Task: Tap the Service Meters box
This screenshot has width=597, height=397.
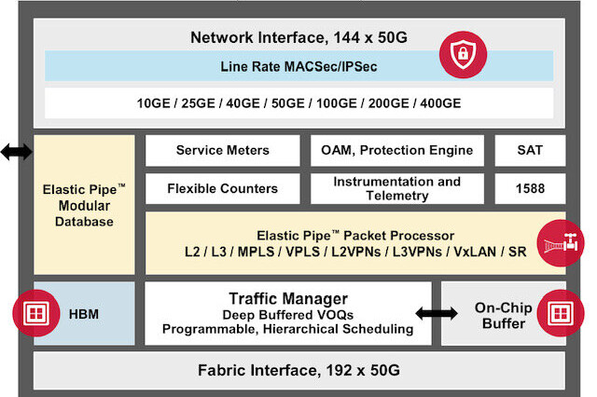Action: [222, 149]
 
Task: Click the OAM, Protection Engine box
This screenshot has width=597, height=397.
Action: [396, 149]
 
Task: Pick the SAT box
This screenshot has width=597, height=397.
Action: [529, 149]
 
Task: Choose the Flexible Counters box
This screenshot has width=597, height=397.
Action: [222, 188]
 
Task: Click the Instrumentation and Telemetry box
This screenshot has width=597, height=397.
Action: [396, 188]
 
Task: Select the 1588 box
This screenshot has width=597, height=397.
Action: [529, 188]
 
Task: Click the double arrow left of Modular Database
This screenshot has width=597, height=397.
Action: [15, 152]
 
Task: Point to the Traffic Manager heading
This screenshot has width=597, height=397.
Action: [288, 299]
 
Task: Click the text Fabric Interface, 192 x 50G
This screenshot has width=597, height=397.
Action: [298, 370]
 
